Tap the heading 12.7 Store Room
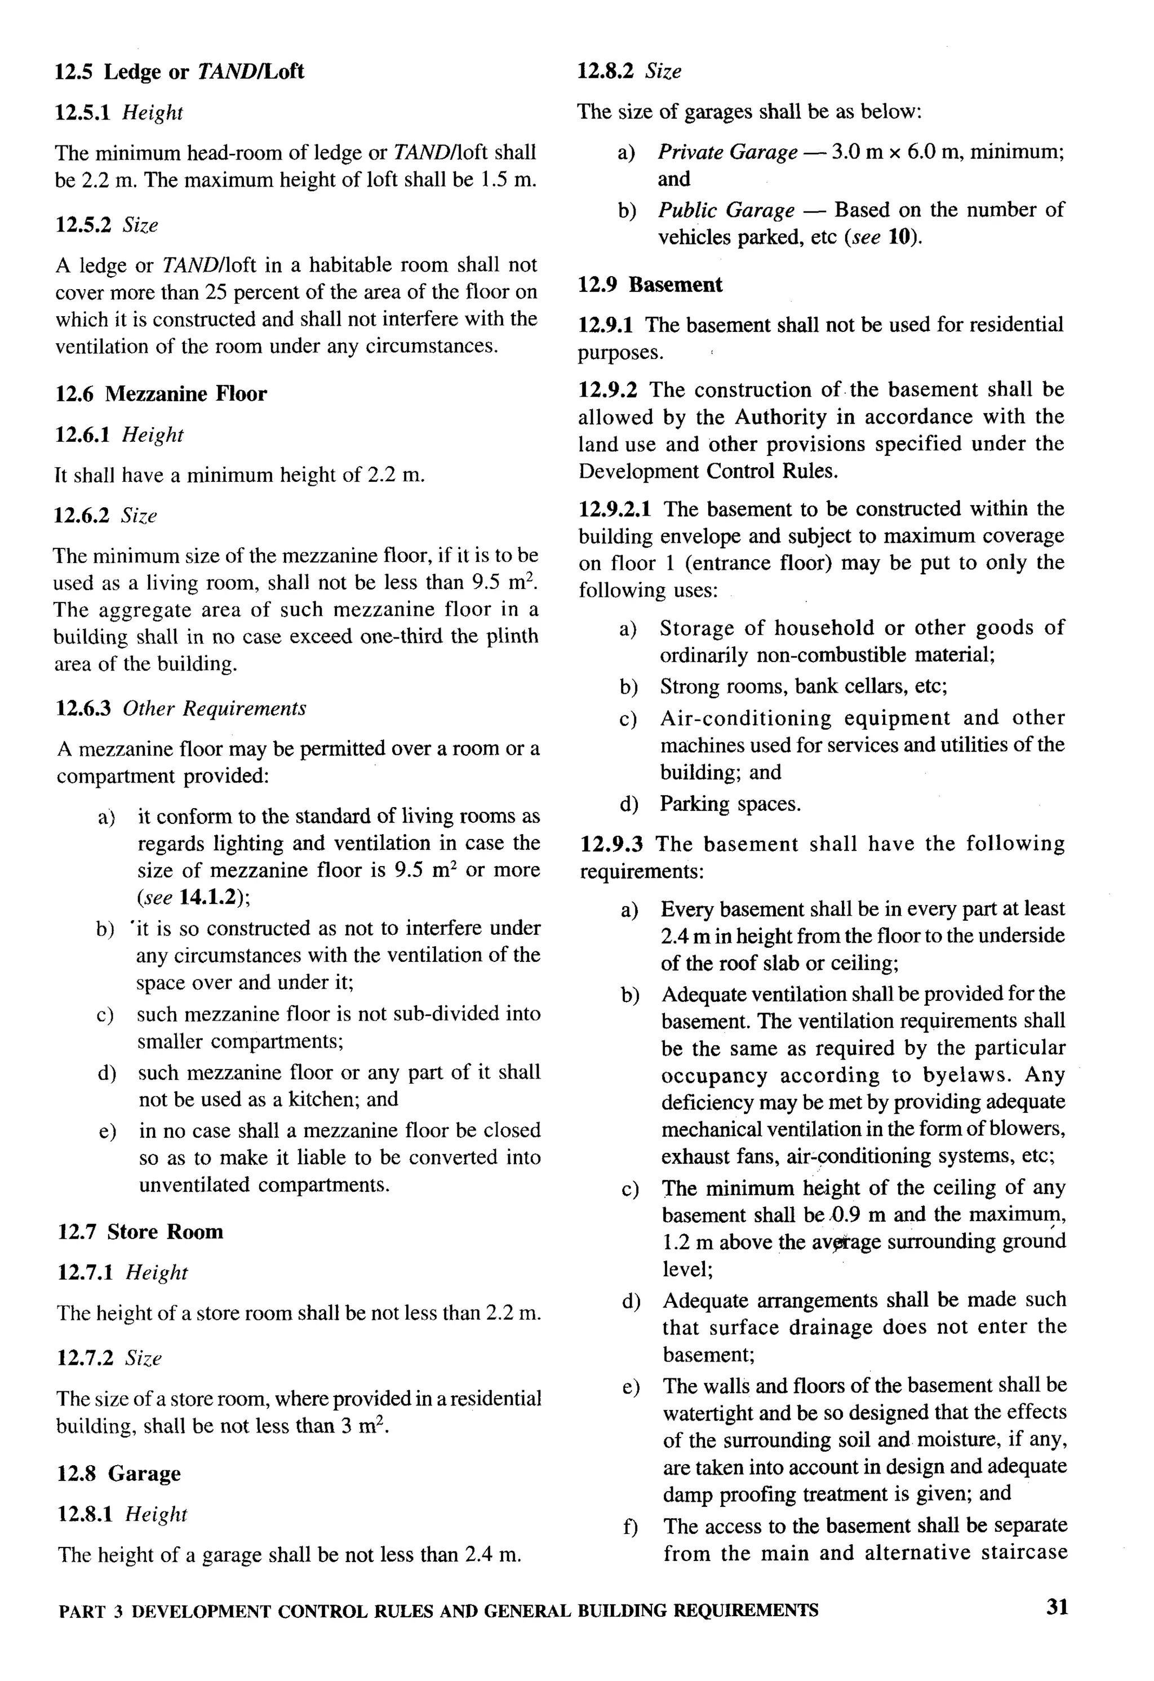pyautogui.click(x=140, y=1231)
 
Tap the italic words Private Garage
pyautogui.click(x=727, y=152)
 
